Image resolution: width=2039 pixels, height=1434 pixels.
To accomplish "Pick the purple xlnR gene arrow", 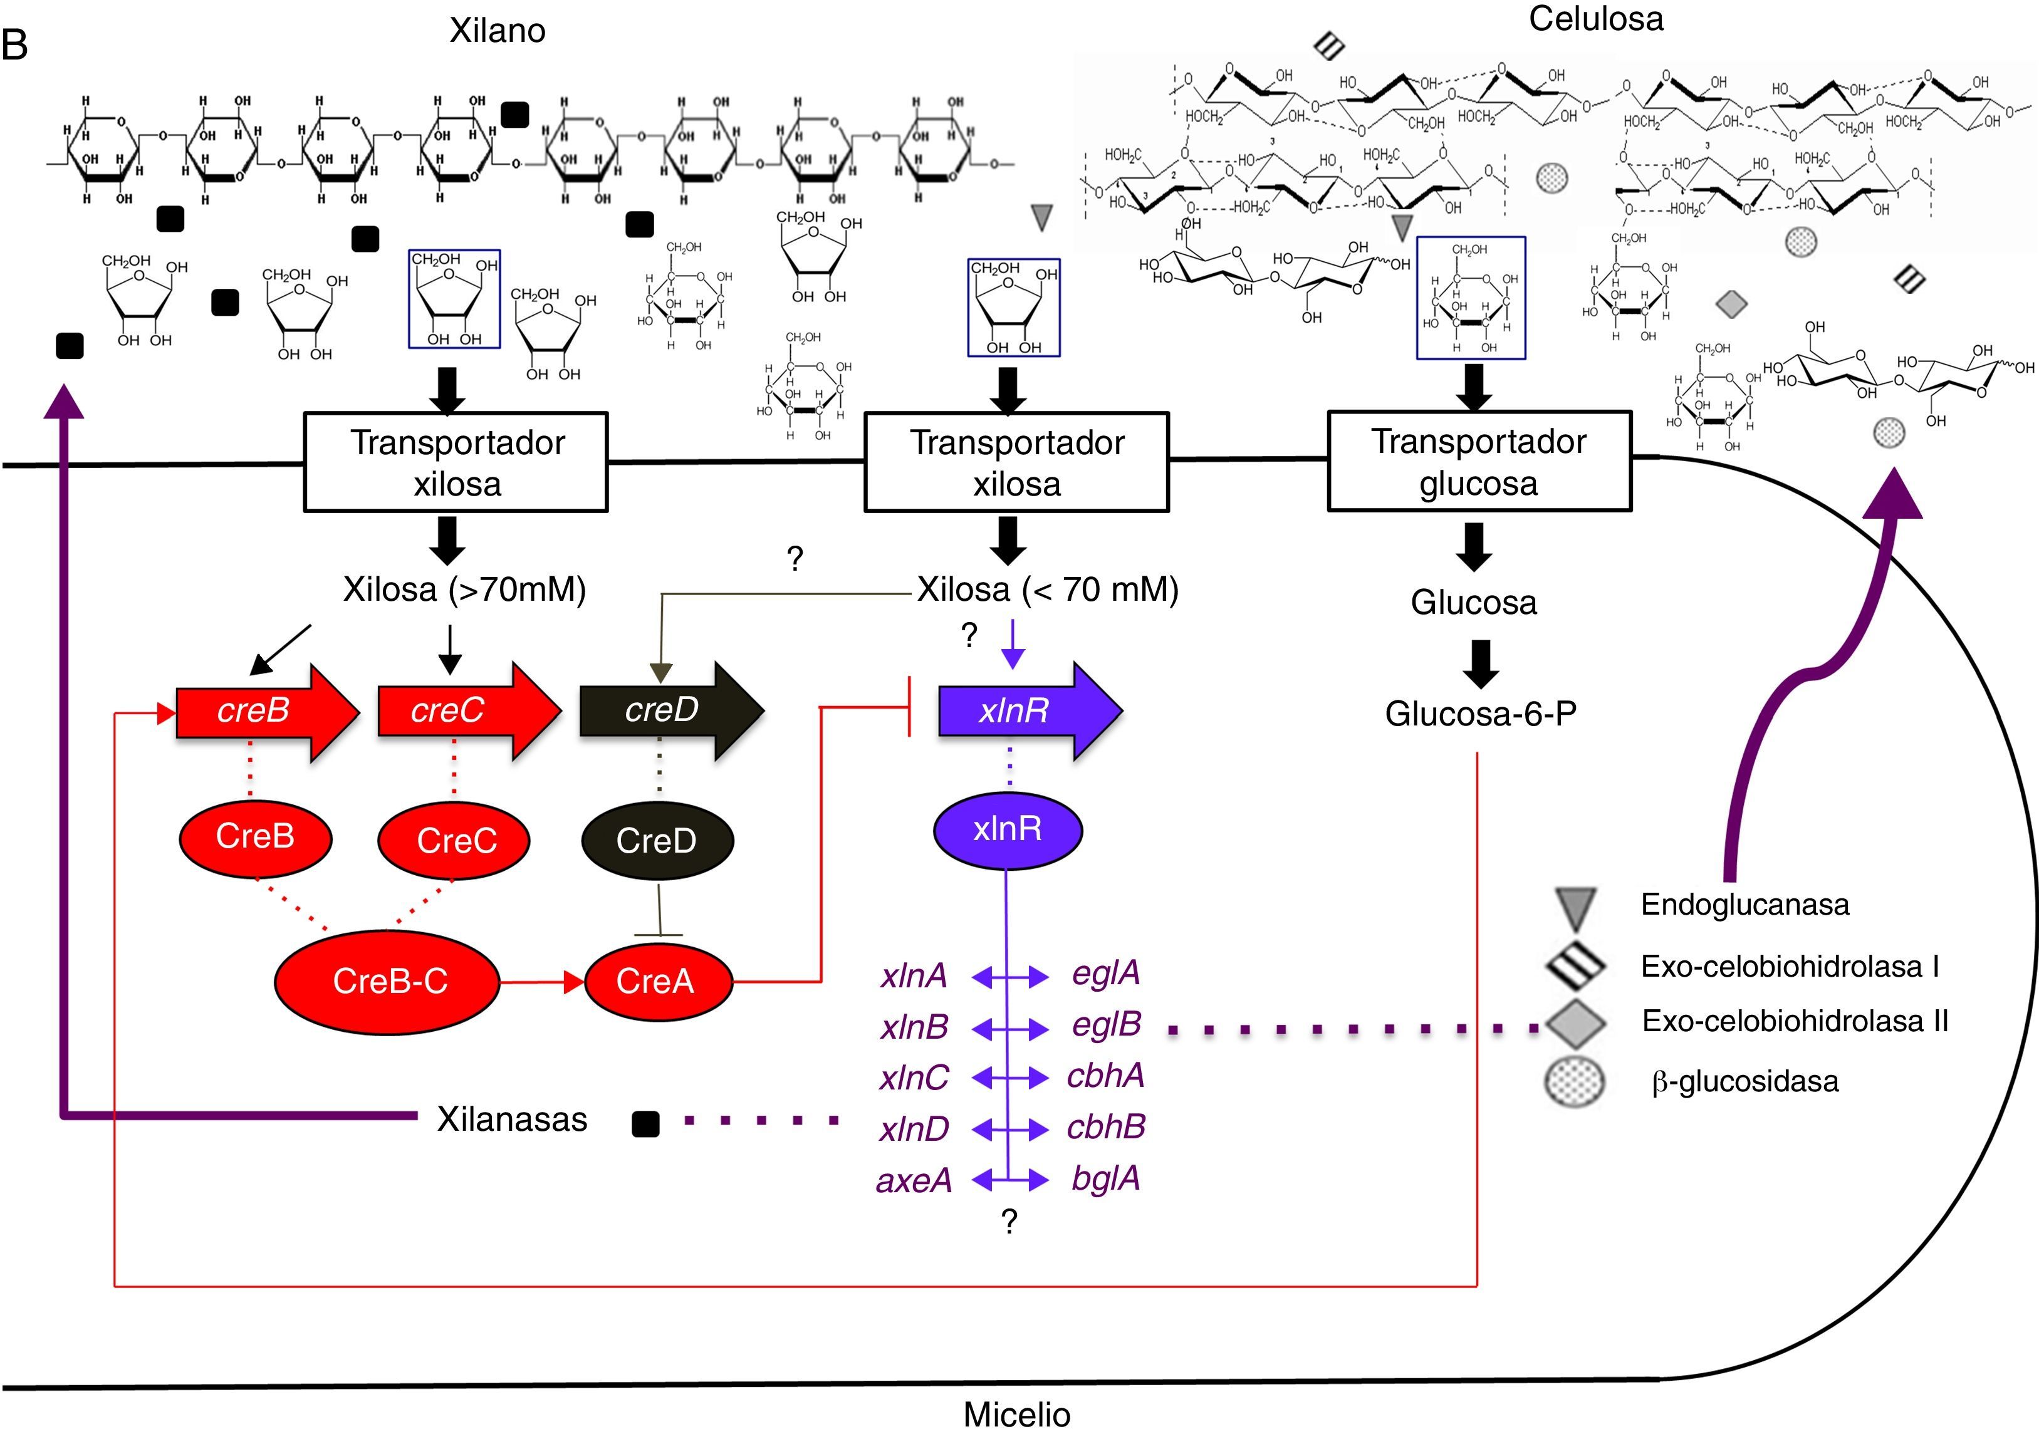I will [1021, 710].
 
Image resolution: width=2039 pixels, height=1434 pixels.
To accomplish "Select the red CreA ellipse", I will [657, 981].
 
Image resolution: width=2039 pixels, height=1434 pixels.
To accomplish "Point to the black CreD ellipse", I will [657, 840].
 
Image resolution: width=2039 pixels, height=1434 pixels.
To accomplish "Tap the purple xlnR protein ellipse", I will [1007, 829].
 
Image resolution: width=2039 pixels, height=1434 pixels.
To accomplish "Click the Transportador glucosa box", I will [1479, 462].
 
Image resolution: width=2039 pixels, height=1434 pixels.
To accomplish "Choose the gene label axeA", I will [915, 1181].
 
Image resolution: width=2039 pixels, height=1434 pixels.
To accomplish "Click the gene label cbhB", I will [1105, 1128].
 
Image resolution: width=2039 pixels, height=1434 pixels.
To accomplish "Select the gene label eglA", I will [1105, 973].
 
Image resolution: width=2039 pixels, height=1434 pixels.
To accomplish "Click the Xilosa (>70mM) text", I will [464, 590].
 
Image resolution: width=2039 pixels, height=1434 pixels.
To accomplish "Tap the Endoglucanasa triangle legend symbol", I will [1577, 908].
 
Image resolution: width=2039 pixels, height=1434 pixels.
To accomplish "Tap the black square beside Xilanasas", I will [645, 1124].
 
